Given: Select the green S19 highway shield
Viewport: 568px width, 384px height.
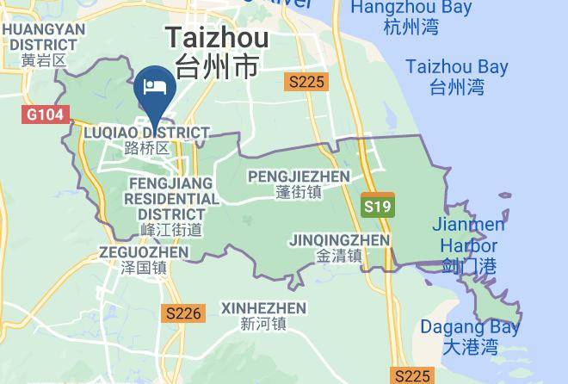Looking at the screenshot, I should [x=377, y=206].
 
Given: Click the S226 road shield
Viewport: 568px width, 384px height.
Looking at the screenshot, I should [x=183, y=313].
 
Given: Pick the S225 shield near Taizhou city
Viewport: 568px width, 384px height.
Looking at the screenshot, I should [x=306, y=82].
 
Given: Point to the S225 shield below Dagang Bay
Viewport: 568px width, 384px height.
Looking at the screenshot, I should [x=411, y=375].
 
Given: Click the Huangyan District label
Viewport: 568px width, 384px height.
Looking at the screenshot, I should [x=44, y=44].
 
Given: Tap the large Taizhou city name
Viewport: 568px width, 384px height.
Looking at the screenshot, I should [x=217, y=38].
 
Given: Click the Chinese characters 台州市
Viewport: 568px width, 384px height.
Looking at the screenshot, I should [x=217, y=67].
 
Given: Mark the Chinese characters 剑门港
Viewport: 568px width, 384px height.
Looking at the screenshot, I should [x=468, y=266].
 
